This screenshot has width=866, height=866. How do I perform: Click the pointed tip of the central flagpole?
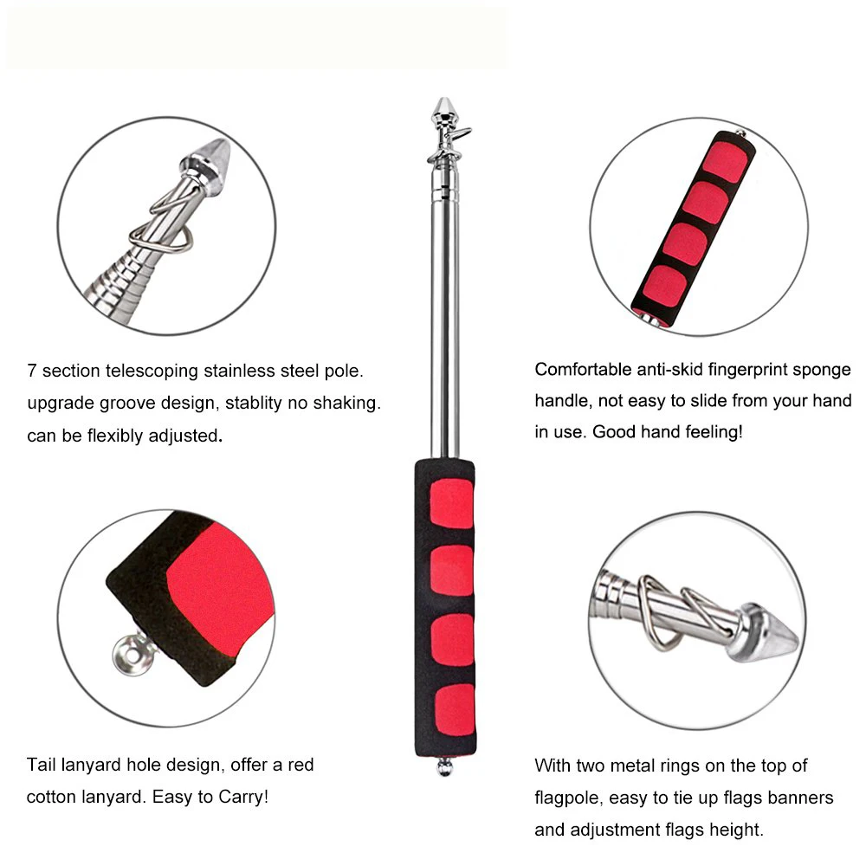(443, 99)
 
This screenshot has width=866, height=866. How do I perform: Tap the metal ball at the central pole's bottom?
(444, 767)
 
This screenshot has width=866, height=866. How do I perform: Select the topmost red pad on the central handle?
(451, 503)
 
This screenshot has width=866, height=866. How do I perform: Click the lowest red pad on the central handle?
(455, 712)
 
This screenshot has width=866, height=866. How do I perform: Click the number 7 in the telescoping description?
(31, 371)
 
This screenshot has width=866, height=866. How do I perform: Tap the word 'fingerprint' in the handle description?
(747, 370)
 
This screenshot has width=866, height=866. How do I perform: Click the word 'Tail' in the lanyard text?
(41, 765)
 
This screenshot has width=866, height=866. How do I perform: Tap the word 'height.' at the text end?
(736, 830)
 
